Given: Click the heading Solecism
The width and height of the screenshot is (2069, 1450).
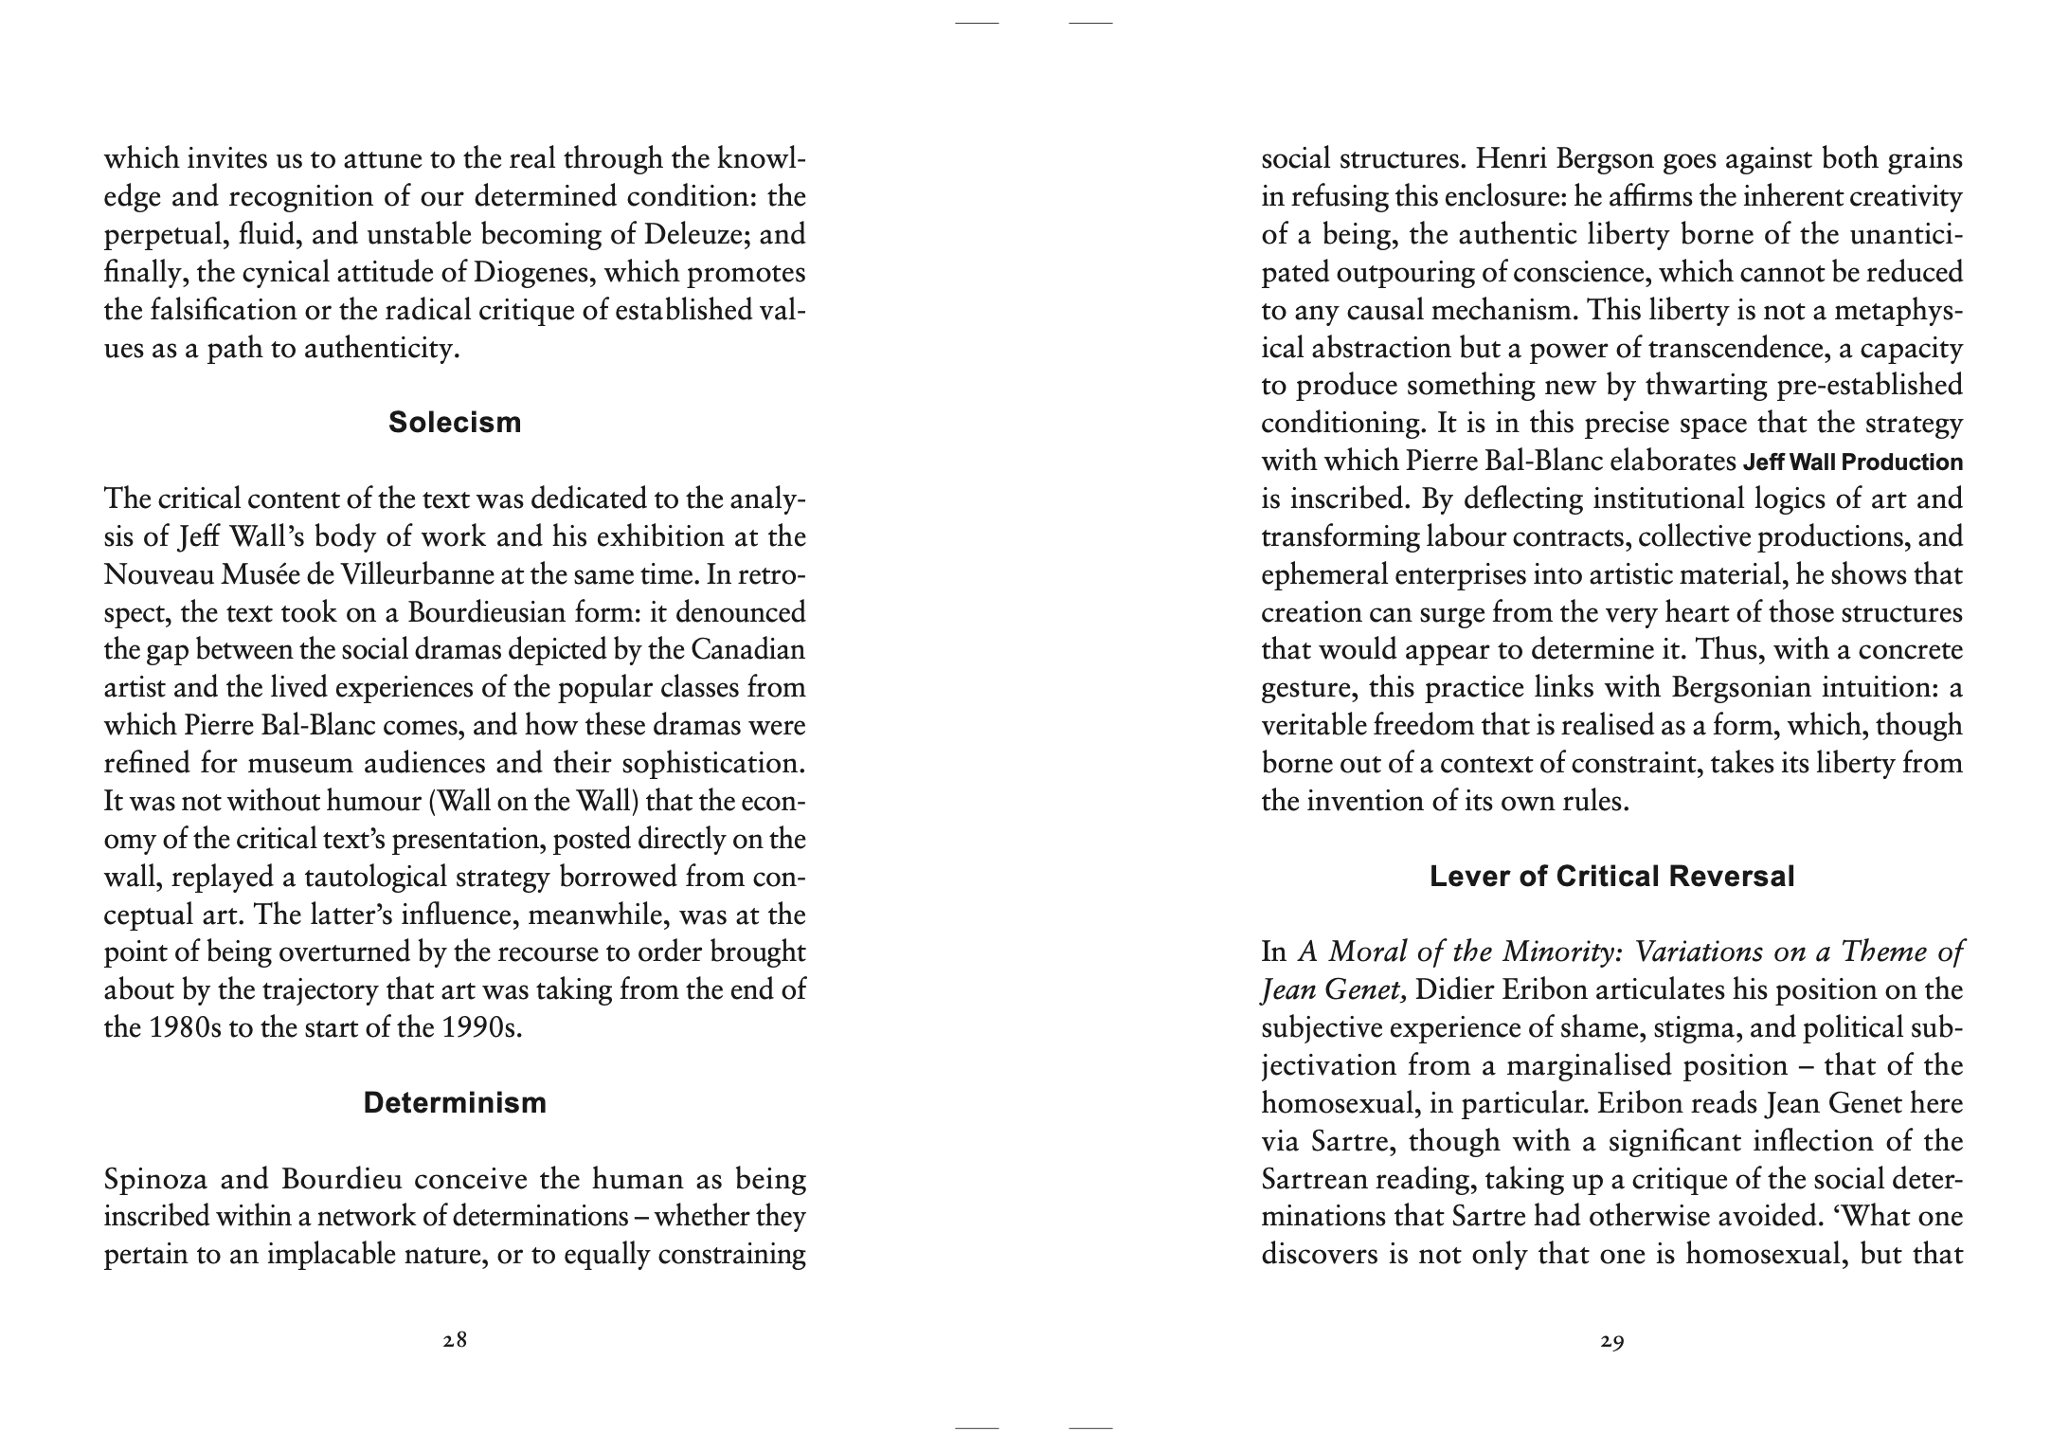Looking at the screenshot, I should point(455,423).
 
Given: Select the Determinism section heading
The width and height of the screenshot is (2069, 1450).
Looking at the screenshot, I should point(455,1103).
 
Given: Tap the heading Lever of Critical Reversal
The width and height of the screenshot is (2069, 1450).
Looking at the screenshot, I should point(1611,877).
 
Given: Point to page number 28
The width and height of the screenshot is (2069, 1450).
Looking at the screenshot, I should point(455,1341).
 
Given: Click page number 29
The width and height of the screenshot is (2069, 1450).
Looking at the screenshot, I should point(1612,1341).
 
